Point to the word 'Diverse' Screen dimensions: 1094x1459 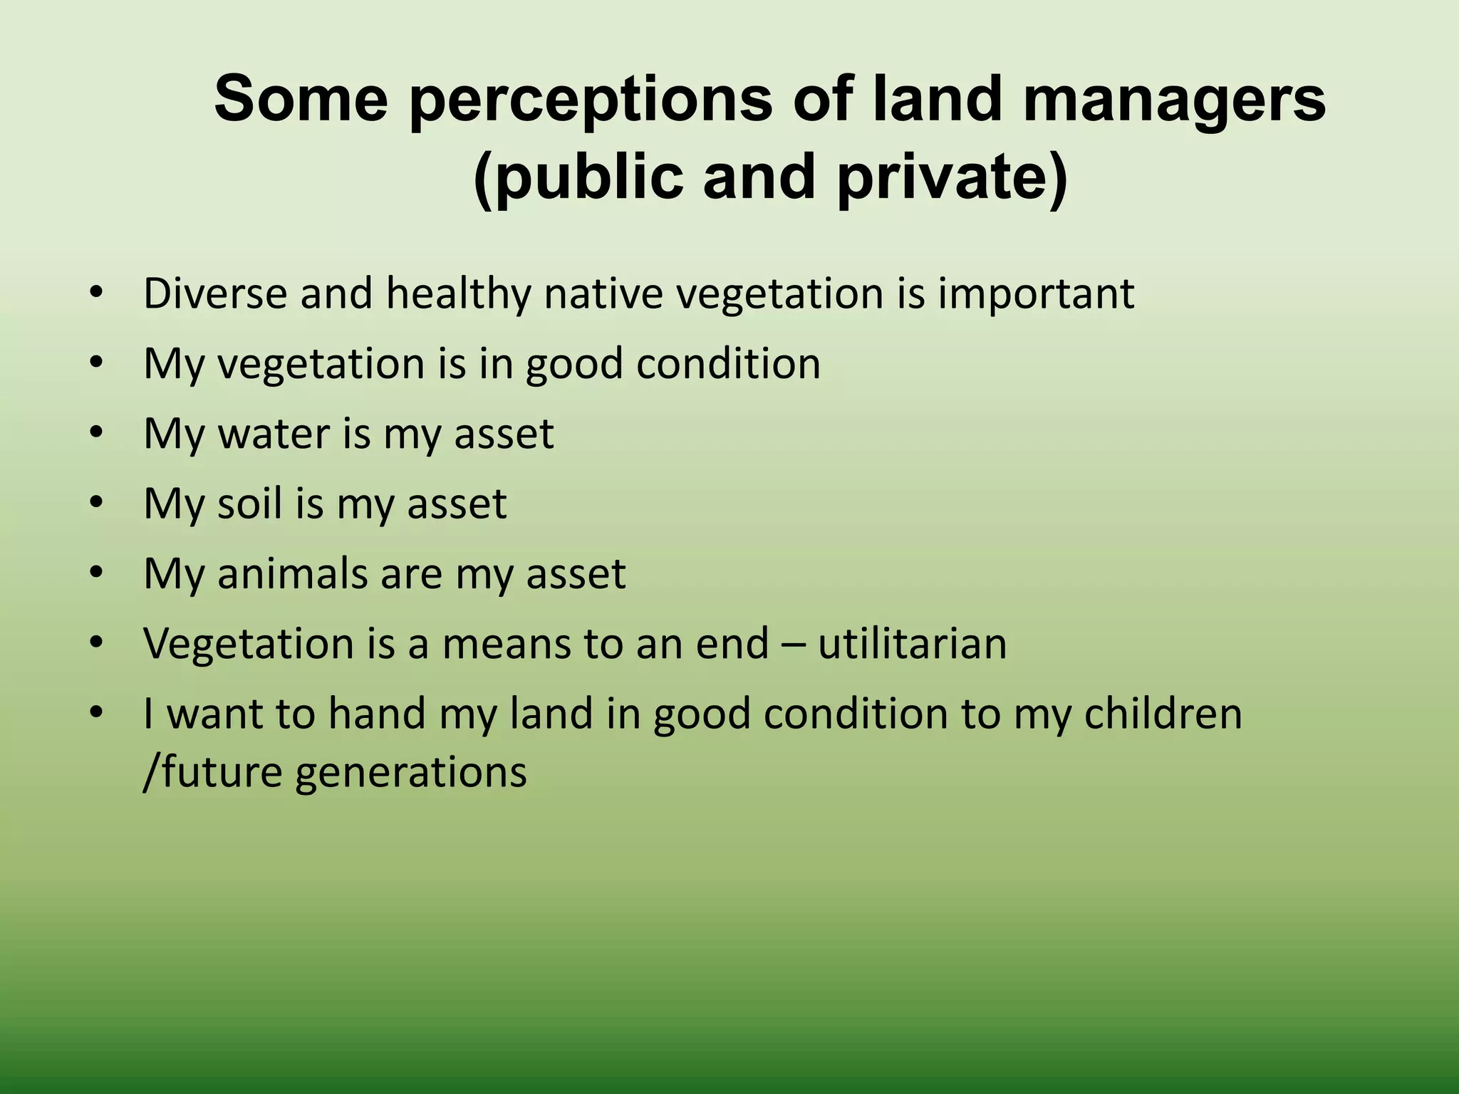(x=214, y=293)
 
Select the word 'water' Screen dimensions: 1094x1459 (x=274, y=433)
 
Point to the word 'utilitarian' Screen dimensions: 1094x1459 (x=913, y=643)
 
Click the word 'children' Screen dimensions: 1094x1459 (x=1163, y=713)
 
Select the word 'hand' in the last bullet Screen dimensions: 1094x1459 (x=376, y=713)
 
